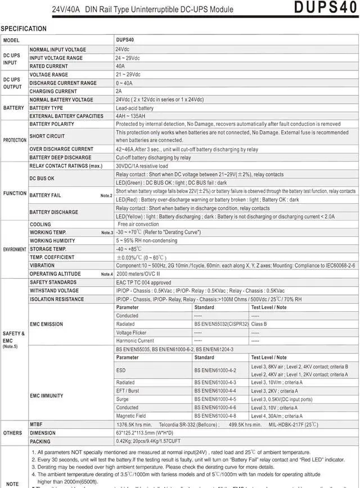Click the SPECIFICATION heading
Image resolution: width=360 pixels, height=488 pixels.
[x=24, y=29]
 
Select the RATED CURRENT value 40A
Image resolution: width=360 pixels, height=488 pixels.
[x=120, y=66]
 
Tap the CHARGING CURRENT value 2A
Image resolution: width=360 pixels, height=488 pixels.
[x=119, y=91]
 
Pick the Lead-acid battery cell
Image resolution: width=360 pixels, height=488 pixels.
[x=134, y=108]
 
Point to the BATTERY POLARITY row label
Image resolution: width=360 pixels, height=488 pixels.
[x=52, y=124]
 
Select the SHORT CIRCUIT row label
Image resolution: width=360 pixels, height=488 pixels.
[x=47, y=136]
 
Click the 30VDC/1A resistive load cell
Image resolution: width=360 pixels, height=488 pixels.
[x=142, y=166]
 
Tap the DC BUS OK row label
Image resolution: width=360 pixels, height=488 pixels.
[x=42, y=178]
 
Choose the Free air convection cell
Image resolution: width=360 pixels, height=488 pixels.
[x=138, y=224]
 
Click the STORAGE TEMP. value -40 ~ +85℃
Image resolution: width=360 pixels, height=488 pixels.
[x=129, y=249]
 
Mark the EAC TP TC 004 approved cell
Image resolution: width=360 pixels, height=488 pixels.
[x=143, y=283]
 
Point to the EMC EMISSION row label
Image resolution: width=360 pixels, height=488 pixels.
[x=47, y=324]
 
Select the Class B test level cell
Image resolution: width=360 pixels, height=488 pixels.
[x=260, y=324]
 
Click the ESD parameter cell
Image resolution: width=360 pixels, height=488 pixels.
[x=121, y=370]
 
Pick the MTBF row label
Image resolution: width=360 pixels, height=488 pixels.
[x=37, y=423]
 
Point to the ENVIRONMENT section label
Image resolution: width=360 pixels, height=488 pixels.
[x=15, y=249]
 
